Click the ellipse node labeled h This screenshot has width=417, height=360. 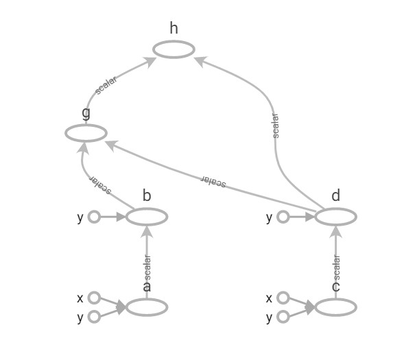(174, 49)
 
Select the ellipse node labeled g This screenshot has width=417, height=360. (86, 133)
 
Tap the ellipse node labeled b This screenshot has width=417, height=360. (147, 217)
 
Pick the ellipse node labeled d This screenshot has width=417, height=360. (335, 217)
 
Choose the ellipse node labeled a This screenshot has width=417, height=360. (147, 307)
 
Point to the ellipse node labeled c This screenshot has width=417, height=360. (335, 307)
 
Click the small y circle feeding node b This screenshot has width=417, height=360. (94, 217)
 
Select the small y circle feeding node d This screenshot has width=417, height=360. (283, 217)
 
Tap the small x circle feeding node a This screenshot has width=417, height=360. (94, 298)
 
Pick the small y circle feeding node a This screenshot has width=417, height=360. (94, 316)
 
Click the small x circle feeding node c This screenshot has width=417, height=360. (283, 298)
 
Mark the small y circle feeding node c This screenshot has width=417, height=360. (283, 316)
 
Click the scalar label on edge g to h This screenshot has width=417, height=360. (106, 85)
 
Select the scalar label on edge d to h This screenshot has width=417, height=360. (275, 126)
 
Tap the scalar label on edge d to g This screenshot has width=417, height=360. (214, 181)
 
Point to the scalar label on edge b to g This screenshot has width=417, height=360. (101, 184)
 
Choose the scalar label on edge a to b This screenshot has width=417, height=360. (147, 266)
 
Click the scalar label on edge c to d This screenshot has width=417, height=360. (336, 266)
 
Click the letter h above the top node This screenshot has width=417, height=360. (174, 28)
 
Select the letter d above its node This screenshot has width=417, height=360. (335, 196)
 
